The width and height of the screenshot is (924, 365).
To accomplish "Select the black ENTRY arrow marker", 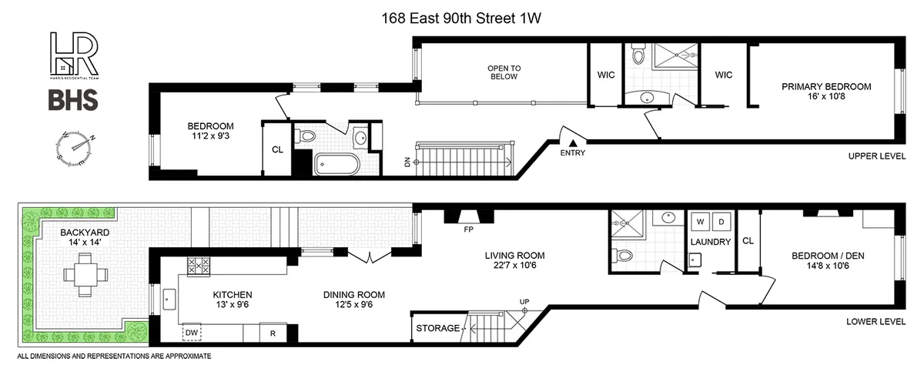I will (x=573, y=142).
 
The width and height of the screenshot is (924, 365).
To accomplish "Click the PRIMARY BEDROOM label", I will (x=826, y=87).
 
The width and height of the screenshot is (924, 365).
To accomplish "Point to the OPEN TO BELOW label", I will (x=504, y=72).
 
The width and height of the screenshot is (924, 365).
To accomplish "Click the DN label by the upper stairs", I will (x=407, y=162).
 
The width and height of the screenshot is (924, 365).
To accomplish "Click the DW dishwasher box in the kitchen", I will (x=192, y=332).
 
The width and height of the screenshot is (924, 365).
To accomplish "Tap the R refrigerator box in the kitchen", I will (x=273, y=333).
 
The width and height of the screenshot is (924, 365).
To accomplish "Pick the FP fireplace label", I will (x=467, y=229).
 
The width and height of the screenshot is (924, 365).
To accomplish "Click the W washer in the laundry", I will (x=701, y=222).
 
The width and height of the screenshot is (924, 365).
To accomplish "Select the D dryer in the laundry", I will (x=721, y=222).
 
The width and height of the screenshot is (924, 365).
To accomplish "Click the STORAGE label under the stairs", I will (x=437, y=329).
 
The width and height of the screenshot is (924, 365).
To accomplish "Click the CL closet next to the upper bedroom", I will (x=277, y=150).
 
